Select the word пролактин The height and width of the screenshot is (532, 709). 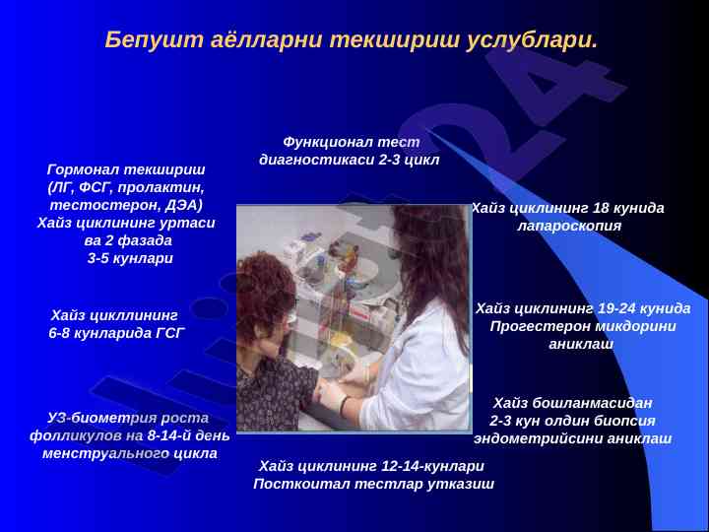pos(161,188)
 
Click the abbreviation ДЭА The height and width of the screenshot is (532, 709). pos(183,205)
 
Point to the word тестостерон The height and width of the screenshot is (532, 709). pos(105,205)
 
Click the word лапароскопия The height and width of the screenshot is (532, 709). pos(569,226)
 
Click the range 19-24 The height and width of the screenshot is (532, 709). pos(619,308)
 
